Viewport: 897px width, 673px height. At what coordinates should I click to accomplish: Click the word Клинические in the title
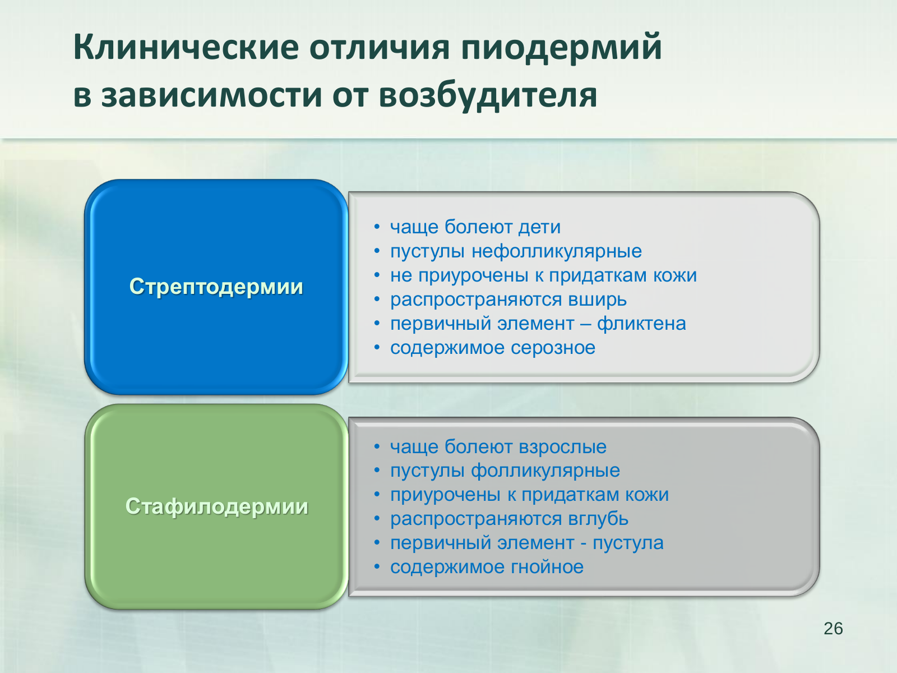186,48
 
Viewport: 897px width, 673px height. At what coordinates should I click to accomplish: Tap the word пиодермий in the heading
562,49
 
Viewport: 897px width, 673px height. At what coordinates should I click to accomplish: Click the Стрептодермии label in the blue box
216,287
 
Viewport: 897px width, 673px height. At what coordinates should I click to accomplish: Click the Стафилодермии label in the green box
216,506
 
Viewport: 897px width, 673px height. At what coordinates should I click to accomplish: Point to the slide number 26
833,629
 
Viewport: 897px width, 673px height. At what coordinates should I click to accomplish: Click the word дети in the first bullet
539,227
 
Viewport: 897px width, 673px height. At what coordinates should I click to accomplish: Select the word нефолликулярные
557,251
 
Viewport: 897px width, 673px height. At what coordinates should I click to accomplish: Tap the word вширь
597,299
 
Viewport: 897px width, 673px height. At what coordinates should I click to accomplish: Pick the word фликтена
641,324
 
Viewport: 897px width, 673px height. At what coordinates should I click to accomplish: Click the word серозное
553,348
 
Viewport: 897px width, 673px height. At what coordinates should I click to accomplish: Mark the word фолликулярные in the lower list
545,471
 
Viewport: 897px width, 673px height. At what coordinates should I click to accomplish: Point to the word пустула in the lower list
628,543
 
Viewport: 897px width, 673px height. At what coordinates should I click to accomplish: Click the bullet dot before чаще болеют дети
377,227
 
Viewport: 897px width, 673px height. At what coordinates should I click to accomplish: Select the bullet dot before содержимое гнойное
377,567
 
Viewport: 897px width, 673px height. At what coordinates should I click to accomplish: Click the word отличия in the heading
379,48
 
